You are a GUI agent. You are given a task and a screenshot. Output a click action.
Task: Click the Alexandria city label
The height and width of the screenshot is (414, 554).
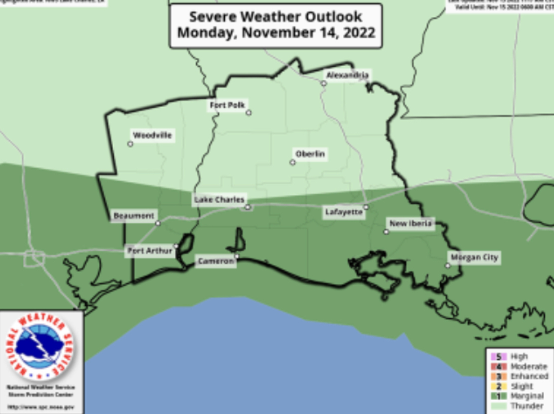pos(347,75)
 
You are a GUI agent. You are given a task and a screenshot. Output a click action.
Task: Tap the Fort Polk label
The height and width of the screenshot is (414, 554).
pos(228,105)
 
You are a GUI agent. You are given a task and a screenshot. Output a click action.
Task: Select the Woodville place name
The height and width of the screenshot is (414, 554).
pos(152,135)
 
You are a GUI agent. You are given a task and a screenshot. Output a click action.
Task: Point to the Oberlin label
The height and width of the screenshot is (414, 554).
pos(310,154)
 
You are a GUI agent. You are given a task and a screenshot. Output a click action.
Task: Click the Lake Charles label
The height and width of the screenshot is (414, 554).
pos(219,200)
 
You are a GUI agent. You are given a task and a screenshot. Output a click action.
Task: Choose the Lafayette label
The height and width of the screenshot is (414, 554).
pos(344,212)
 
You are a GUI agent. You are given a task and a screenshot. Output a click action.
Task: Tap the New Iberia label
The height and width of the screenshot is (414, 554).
pos(411,223)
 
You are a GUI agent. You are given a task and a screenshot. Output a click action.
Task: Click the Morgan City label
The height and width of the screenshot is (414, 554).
pos(474,258)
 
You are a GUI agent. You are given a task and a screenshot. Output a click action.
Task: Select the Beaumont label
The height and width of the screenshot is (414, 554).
pos(134,216)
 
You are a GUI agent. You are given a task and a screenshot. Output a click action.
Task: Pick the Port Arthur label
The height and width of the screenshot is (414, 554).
pos(149,251)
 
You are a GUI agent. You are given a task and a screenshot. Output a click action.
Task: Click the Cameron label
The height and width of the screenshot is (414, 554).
pos(216,261)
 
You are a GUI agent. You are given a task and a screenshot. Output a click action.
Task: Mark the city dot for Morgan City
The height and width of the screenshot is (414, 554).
pos(448,266)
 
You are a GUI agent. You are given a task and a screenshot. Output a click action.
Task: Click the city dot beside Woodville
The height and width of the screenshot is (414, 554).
pos(130,144)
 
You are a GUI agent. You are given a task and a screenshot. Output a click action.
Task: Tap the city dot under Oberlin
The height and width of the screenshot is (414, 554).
pos(292,162)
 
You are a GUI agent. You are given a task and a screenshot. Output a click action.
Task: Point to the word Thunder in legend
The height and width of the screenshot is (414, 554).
pos(527,406)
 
